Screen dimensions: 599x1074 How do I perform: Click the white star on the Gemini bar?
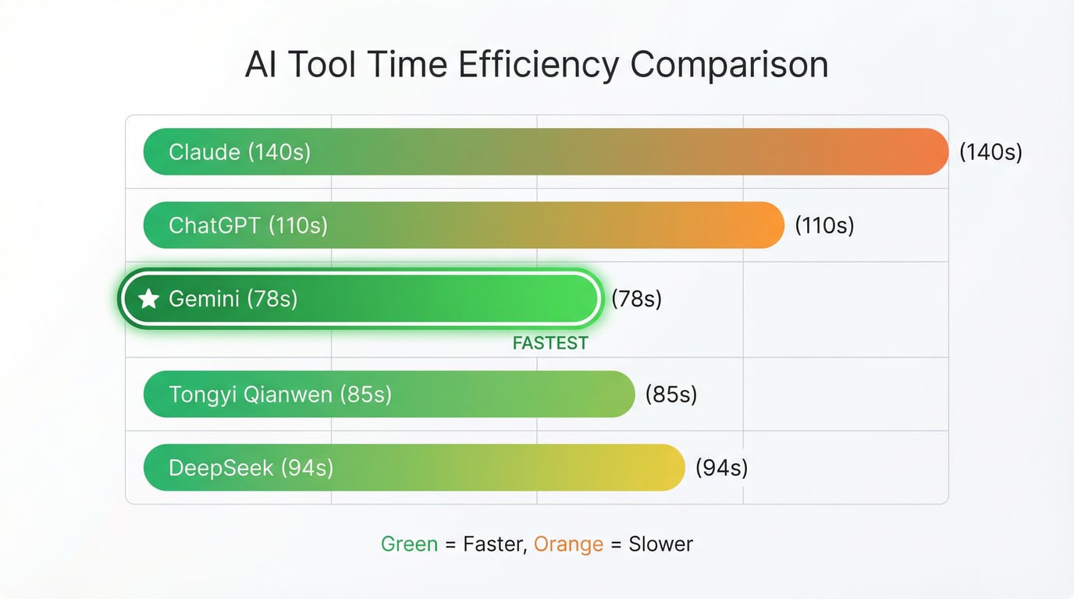coord(148,299)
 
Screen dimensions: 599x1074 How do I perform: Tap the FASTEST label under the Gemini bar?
coord(550,343)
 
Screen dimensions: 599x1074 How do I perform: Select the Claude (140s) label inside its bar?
coord(240,151)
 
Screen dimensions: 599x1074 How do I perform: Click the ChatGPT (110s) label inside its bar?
coord(248,225)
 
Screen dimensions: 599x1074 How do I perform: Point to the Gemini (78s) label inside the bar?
coord(233,299)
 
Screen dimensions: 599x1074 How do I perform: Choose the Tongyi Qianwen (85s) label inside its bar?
coord(280,394)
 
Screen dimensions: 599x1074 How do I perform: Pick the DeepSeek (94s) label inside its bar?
coord(251,468)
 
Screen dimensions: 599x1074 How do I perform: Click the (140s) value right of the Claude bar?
coord(990,151)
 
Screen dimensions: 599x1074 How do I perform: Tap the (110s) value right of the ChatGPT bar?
coord(824,225)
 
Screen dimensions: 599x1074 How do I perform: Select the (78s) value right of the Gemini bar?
coord(636,299)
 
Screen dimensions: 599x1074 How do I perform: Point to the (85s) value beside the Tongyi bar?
coord(670,394)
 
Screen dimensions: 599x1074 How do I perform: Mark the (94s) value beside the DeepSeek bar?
coord(721,468)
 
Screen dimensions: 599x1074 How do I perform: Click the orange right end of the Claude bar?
coord(925,151)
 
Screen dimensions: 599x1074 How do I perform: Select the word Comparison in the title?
coord(730,65)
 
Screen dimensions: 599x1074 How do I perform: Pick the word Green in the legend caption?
coord(409,544)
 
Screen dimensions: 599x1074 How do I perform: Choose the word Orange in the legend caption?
coord(568,544)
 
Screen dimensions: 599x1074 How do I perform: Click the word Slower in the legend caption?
coord(660,544)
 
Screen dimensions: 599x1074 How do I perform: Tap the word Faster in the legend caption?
coord(494,544)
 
